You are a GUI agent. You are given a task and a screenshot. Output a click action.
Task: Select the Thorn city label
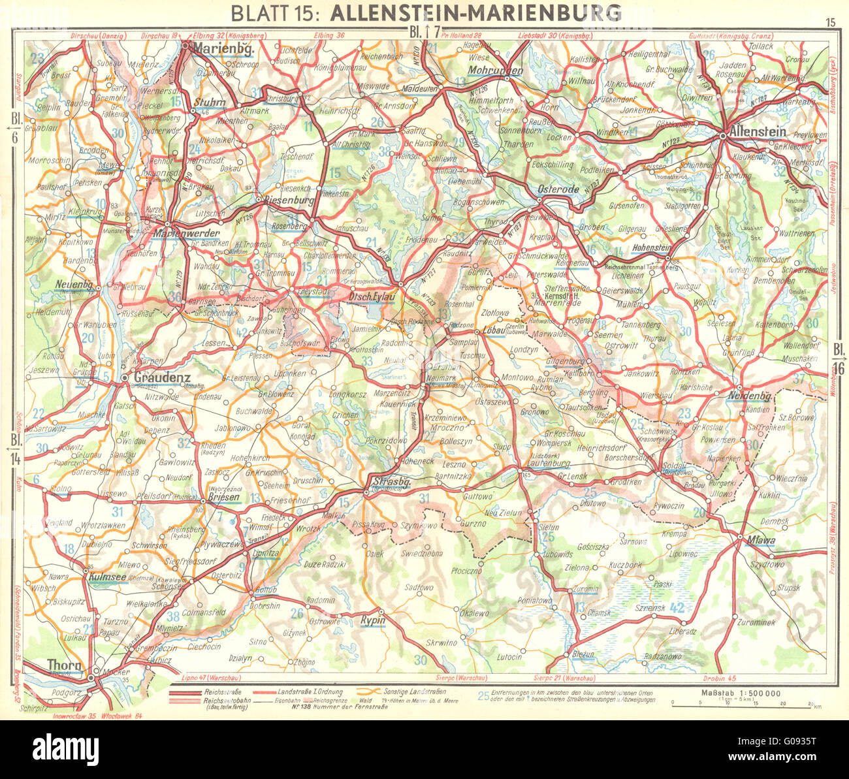[x=64, y=665]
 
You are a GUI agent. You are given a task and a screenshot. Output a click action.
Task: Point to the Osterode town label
[x=558, y=189]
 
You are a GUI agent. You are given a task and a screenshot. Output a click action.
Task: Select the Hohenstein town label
[x=656, y=247]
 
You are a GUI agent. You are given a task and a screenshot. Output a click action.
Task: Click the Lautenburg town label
[x=547, y=463]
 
